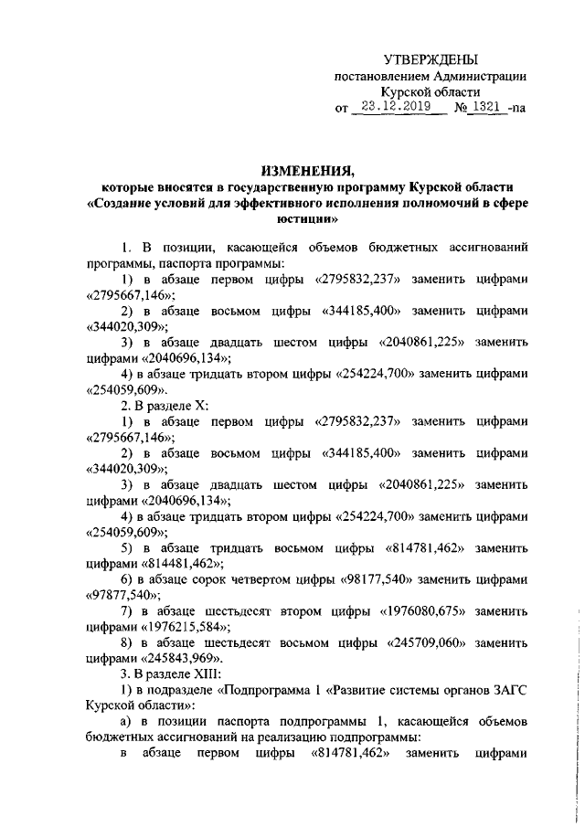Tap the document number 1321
[492, 106]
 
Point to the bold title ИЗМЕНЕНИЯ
[306, 171]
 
